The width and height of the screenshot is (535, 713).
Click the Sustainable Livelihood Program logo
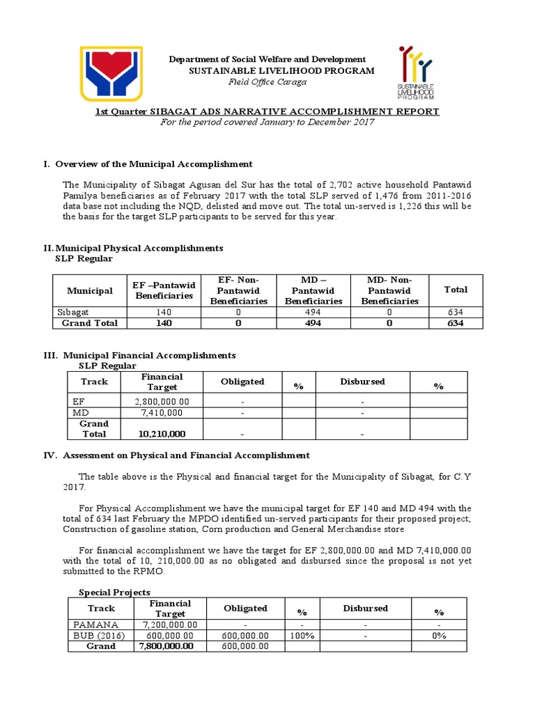416,73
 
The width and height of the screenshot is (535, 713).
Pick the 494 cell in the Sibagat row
313,313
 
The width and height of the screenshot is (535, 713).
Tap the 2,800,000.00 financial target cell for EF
162,402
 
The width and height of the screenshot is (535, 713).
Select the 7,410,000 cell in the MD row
162,413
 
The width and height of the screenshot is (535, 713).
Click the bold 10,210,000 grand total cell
162,434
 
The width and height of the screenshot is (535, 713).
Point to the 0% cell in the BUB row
438,636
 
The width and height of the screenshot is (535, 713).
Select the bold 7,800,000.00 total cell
166,646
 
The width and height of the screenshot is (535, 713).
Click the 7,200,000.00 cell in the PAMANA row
169,625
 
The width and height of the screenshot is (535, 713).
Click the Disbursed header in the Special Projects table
365,608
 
